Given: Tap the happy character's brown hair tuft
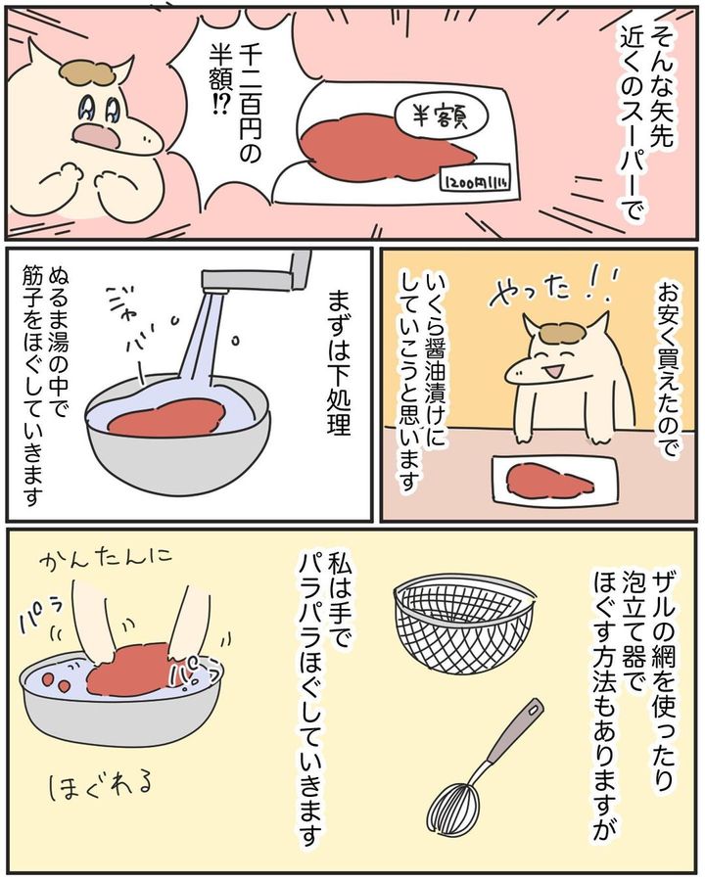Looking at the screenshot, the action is (563, 333).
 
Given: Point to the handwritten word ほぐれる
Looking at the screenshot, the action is (100, 787).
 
